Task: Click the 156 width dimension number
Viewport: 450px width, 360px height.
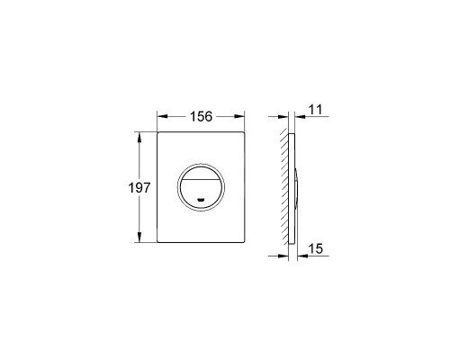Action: click(201, 116)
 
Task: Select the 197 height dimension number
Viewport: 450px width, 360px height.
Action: click(139, 188)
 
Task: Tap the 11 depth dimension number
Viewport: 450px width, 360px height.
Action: click(315, 110)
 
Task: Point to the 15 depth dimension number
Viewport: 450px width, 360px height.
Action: click(316, 248)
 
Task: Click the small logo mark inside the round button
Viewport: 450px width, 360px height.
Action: click(201, 199)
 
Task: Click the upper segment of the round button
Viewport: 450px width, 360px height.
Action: click(201, 174)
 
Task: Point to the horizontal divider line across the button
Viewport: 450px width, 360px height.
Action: click(201, 179)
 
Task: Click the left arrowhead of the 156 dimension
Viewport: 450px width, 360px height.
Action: click(162, 116)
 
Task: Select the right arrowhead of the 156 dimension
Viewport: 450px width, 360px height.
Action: click(239, 116)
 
